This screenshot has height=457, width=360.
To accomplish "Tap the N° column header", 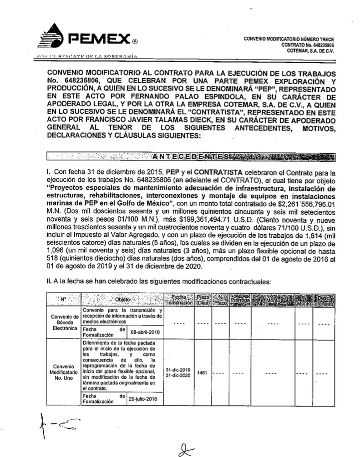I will pyautogui.click(x=63, y=300).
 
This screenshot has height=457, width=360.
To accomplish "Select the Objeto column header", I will pyautogui.click(x=122, y=300).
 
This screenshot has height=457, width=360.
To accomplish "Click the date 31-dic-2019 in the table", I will pyautogui.click(x=178, y=370).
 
